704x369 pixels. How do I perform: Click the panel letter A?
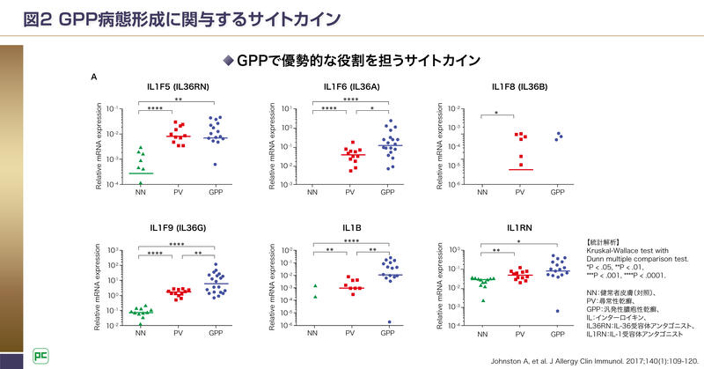[94, 77]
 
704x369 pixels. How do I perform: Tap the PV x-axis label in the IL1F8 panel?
[520, 191]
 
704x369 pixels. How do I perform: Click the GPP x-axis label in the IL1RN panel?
[557, 335]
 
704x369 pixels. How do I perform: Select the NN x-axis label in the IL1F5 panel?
[140, 191]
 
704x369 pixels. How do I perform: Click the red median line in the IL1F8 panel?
[520, 169]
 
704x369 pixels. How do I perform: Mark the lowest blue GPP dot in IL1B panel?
[388, 322]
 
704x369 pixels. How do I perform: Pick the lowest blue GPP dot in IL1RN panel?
[557, 311]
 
